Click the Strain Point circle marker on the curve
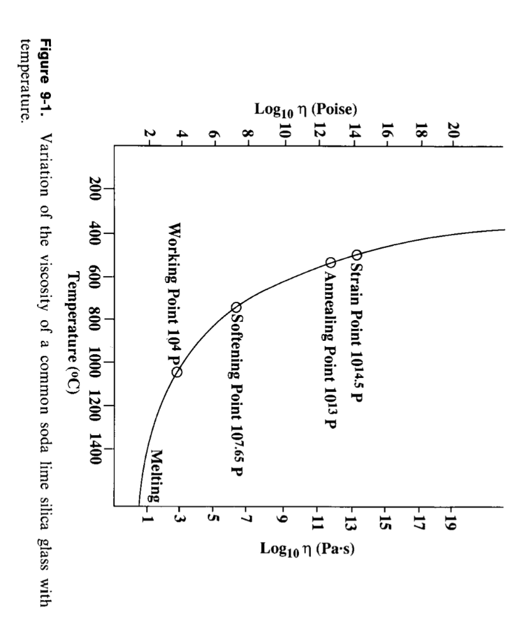pyautogui.click(x=356, y=255)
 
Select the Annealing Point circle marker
pyautogui.click(x=330, y=262)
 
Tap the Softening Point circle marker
pyautogui.click(x=236, y=307)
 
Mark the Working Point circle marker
pyautogui.click(x=177, y=372)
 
